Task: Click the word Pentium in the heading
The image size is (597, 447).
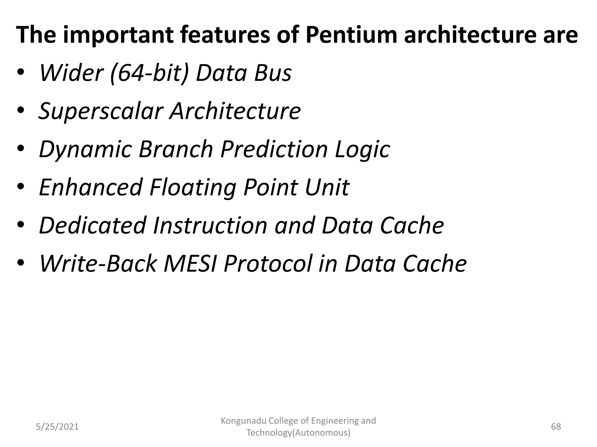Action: (x=351, y=35)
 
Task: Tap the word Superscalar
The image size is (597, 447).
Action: (x=100, y=111)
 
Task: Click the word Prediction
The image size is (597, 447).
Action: (x=274, y=149)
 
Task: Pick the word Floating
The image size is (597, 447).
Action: (x=193, y=188)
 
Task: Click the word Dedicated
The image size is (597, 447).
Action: (x=92, y=226)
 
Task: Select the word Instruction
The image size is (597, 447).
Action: (x=210, y=226)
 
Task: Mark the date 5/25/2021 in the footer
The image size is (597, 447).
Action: (x=57, y=427)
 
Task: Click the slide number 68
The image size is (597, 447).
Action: (x=556, y=427)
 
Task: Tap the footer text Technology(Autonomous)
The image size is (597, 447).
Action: (x=298, y=433)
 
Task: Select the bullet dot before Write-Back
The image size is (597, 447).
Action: (x=21, y=263)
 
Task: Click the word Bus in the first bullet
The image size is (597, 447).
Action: (x=273, y=73)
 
